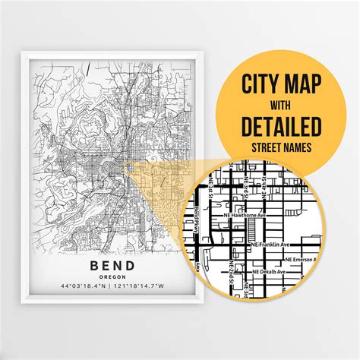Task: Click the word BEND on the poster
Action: pyautogui.click(x=112, y=265)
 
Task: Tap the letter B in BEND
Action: pyautogui.click(x=93, y=265)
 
